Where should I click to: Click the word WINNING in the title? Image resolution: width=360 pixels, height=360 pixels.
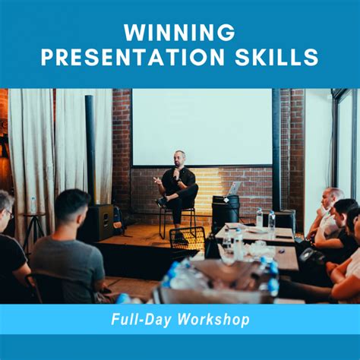click(180, 32)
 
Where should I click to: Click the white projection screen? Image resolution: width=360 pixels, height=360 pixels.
click(201, 126)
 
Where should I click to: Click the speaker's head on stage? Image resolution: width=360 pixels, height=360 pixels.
click(180, 158)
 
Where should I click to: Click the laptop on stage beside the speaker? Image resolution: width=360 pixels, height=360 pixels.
click(233, 188)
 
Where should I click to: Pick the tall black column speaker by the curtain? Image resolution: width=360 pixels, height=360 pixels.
click(90, 160)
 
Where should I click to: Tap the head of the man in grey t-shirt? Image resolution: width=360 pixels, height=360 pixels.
click(72, 206)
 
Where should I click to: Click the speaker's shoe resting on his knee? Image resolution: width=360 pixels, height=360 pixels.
click(162, 202)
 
